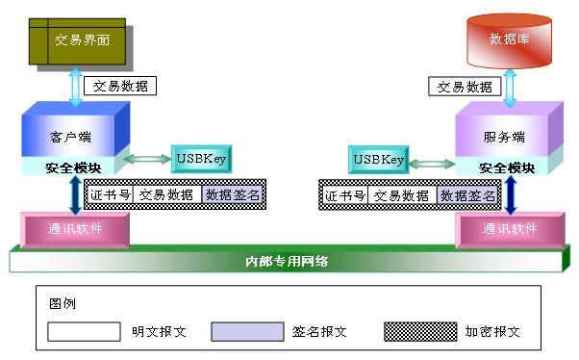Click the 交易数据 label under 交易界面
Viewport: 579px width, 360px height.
(120, 86)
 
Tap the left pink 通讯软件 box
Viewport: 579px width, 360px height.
(74, 229)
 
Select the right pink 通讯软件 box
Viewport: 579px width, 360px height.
(508, 229)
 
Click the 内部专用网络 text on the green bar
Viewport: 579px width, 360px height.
(287, 261)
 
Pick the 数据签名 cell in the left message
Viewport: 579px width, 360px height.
(233, 194)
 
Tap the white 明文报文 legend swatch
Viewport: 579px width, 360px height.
(84, 332)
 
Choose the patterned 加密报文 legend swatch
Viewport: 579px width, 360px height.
(419, 332)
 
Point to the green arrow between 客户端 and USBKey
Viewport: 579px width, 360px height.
(147, 159)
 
